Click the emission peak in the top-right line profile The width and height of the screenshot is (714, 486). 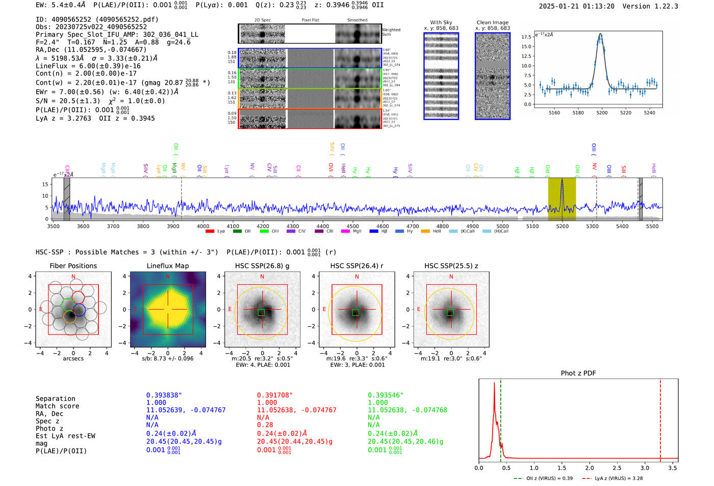click(x=600, y=34)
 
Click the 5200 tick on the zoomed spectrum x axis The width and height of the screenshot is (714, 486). click(x=602, y=113)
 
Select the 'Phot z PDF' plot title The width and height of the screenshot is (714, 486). click(x=578, y=373)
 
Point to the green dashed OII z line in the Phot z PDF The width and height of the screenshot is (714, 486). click(x=501, y=418)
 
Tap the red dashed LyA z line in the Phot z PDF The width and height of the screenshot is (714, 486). click(x=660, y=418)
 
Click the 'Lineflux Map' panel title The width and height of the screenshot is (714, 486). click(x=168, y=266)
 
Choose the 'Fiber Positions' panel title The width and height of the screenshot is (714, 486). click(x=73, y=266)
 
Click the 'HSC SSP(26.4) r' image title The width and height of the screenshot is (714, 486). click(x=356, y=266)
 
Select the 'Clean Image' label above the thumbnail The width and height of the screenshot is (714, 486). click(x=492, y=22)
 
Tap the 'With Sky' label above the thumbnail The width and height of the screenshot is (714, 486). click(x=441, y=22)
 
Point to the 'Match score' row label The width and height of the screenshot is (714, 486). click(x=57, y=406)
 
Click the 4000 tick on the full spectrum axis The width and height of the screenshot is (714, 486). click(x=203, y=226)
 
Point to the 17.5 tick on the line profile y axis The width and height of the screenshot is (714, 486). click(x=526, y=37)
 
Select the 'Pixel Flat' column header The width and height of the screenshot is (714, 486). click(x=310, y=20)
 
